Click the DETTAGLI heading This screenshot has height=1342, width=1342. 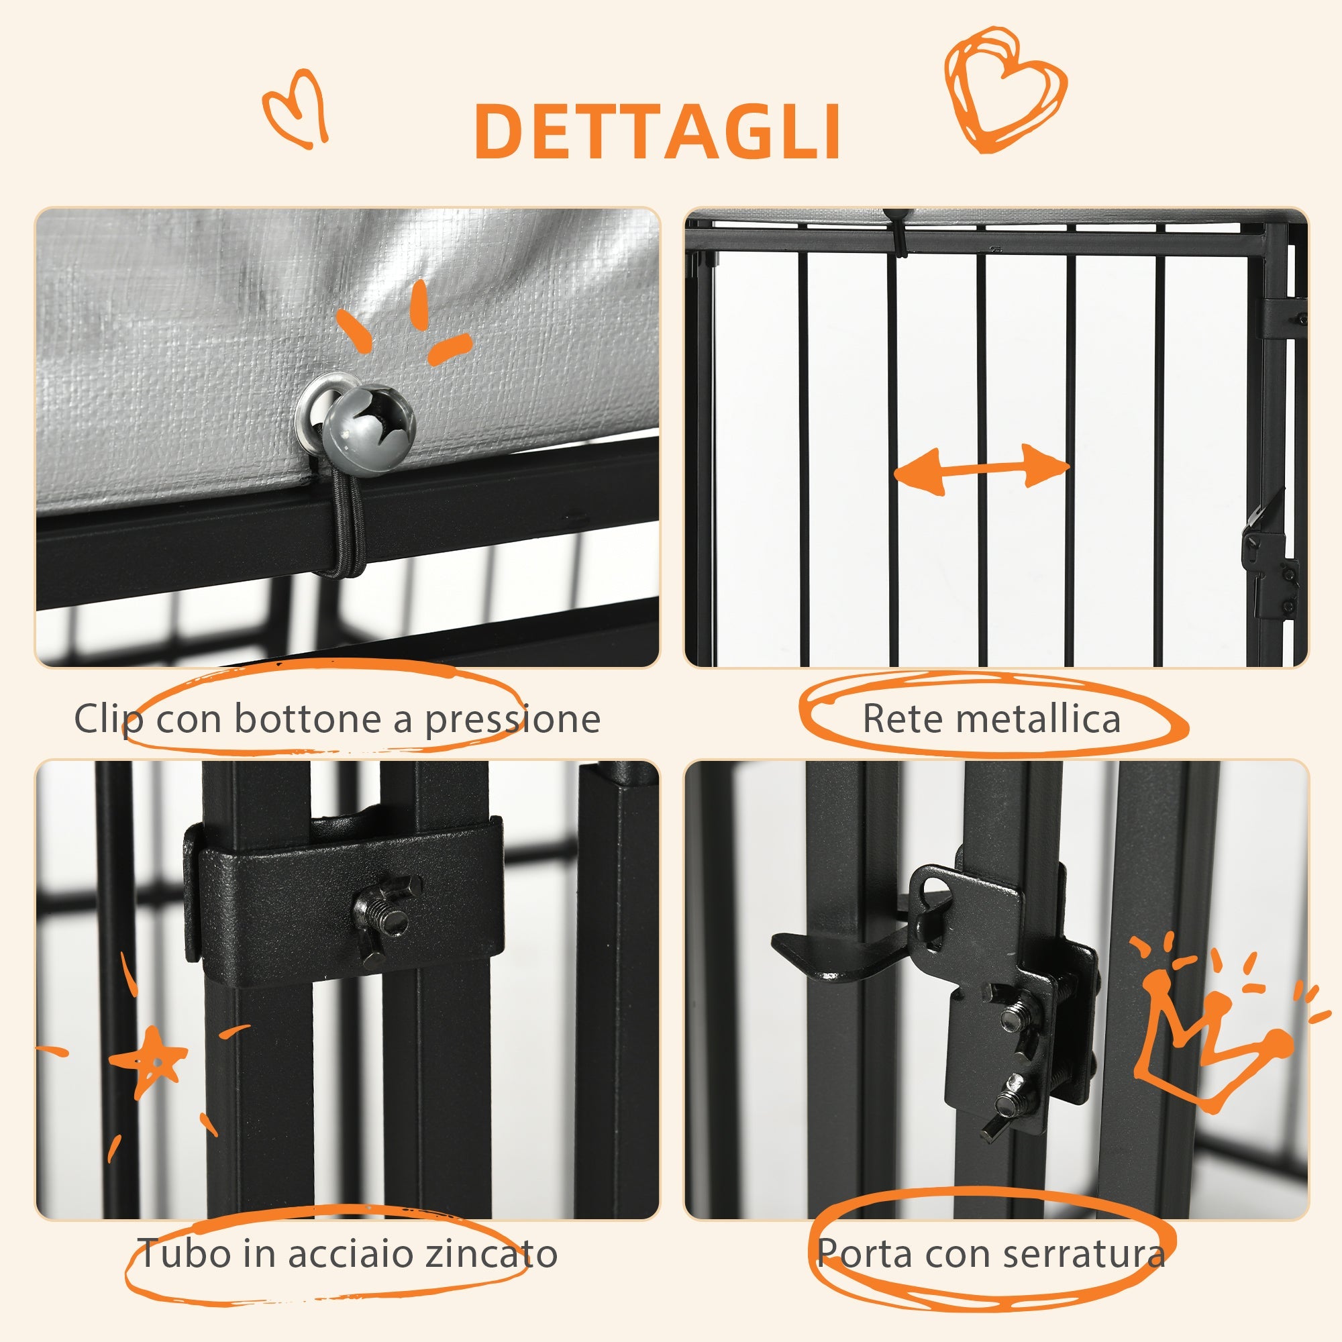(x=657, y=132)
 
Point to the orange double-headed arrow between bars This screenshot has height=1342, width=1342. (x=982, y=470)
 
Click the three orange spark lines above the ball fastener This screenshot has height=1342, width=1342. (x=410, y=323)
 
